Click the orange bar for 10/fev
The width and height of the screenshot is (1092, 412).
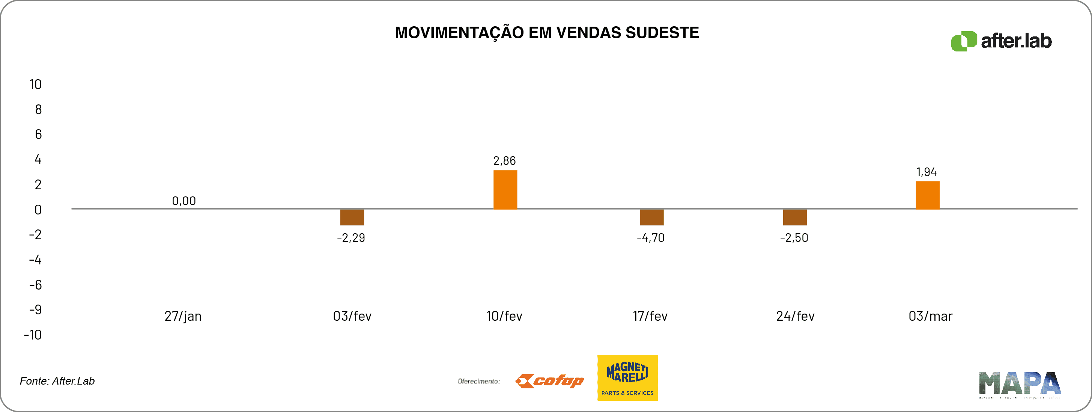coord(505,190)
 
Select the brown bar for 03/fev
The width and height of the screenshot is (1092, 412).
coord(352,217)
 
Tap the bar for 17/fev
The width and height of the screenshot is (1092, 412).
coord(651,217)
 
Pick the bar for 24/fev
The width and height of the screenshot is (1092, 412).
coord(795,217)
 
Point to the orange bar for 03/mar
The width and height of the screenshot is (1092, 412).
coord(928,195)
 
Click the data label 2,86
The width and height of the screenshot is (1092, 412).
coord(504,161)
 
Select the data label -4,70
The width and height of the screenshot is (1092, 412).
coord(651,238)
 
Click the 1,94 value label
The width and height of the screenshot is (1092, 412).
coord(927,172)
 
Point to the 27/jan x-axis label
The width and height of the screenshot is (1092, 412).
coord(183,316)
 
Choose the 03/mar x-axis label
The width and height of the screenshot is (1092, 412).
coord(931,316)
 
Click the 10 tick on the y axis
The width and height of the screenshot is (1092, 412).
coord(36,85)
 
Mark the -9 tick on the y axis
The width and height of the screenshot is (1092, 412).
coord(36,310)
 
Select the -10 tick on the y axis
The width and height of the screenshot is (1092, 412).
coord(33,335)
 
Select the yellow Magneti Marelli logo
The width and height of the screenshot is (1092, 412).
coord(627,377)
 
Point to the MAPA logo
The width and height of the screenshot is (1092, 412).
coord(1020,385)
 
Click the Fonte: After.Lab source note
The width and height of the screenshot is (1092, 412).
coord(57,381)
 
